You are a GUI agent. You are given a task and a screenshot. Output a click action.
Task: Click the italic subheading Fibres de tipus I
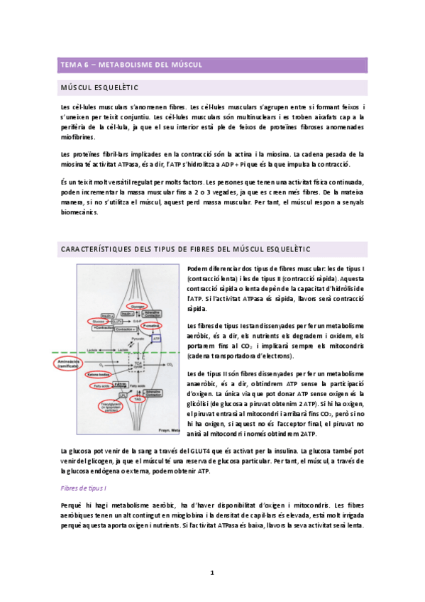point(84,488)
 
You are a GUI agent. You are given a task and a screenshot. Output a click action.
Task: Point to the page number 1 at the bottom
point(211,572)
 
